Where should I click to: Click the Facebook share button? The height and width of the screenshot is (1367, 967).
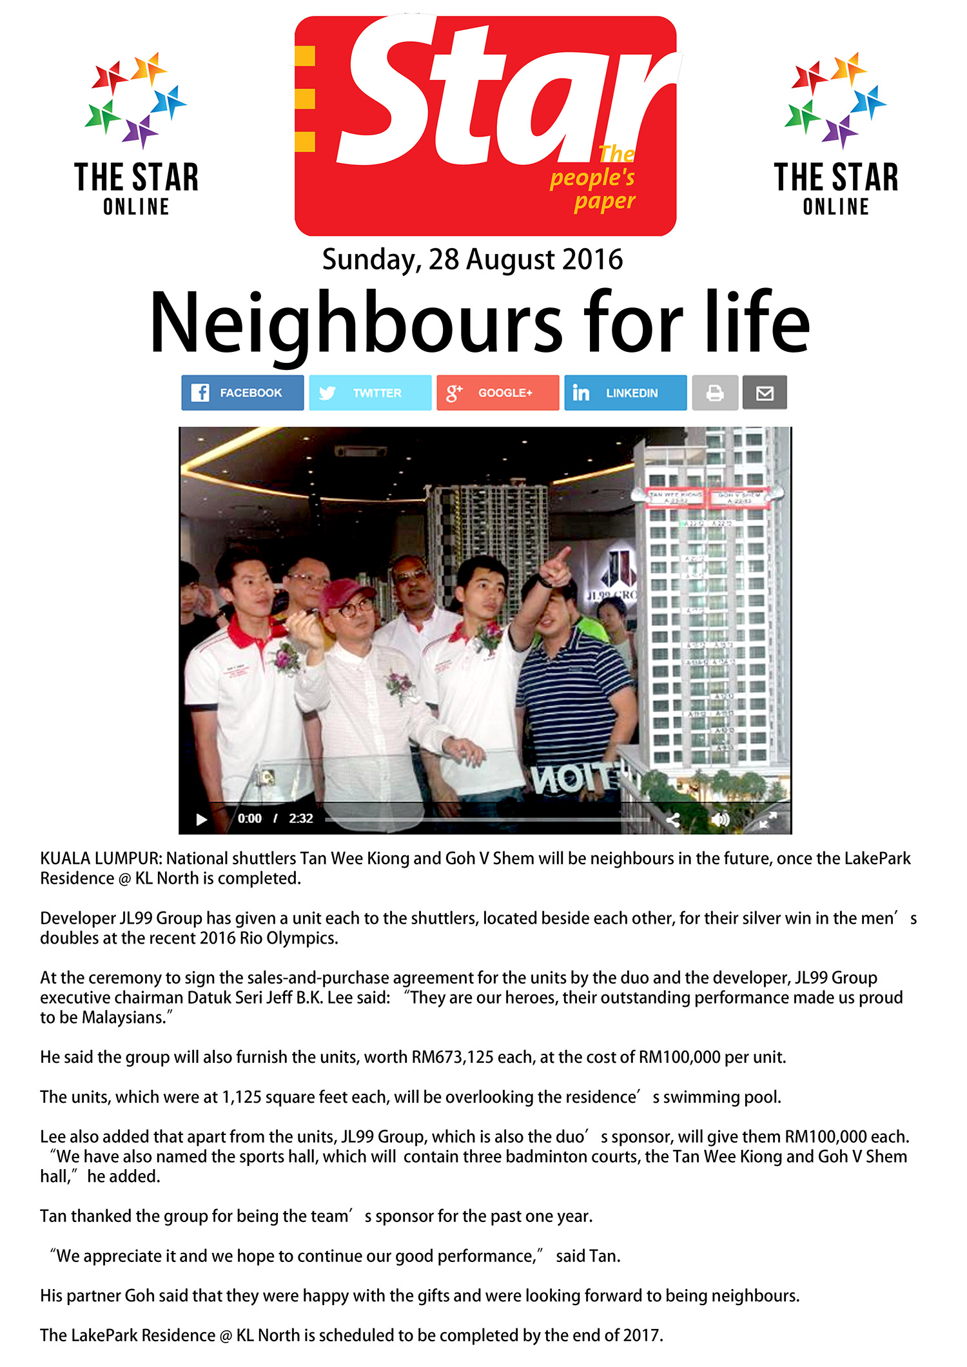pyautogui.click(x=242, y=393)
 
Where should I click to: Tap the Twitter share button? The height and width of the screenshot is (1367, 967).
pyautogui.click(x=370, y=393)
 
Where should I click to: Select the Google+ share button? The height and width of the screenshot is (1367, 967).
pyautogui.click(x=498, y=393)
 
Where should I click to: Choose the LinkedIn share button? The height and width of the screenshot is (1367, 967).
pyautogui.click(x=625, y=393)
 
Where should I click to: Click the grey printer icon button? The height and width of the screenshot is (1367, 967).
pyautogui.click(x=715, y=393)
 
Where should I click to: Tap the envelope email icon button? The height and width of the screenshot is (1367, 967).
pyautogui.click(x=765, y=393)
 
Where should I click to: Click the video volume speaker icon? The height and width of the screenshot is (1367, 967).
pyautogui.click(x=719, y=819)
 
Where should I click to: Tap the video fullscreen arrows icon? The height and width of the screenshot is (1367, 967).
pyautogui.click(x=768, y=819)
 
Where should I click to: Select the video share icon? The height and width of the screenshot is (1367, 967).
pyautogui.click(x=673, y=819)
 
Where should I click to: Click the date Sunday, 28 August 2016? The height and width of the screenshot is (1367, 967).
pyautogui.click(x=473, y=260)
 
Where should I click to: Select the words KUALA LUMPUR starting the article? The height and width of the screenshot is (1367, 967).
pyautogui.click(x=101, y=858)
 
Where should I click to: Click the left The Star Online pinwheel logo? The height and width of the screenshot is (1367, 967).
pyautogui.click(x=136, y=100)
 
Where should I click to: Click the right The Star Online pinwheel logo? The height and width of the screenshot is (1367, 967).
pyautogui.click(x=835, y=100)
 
